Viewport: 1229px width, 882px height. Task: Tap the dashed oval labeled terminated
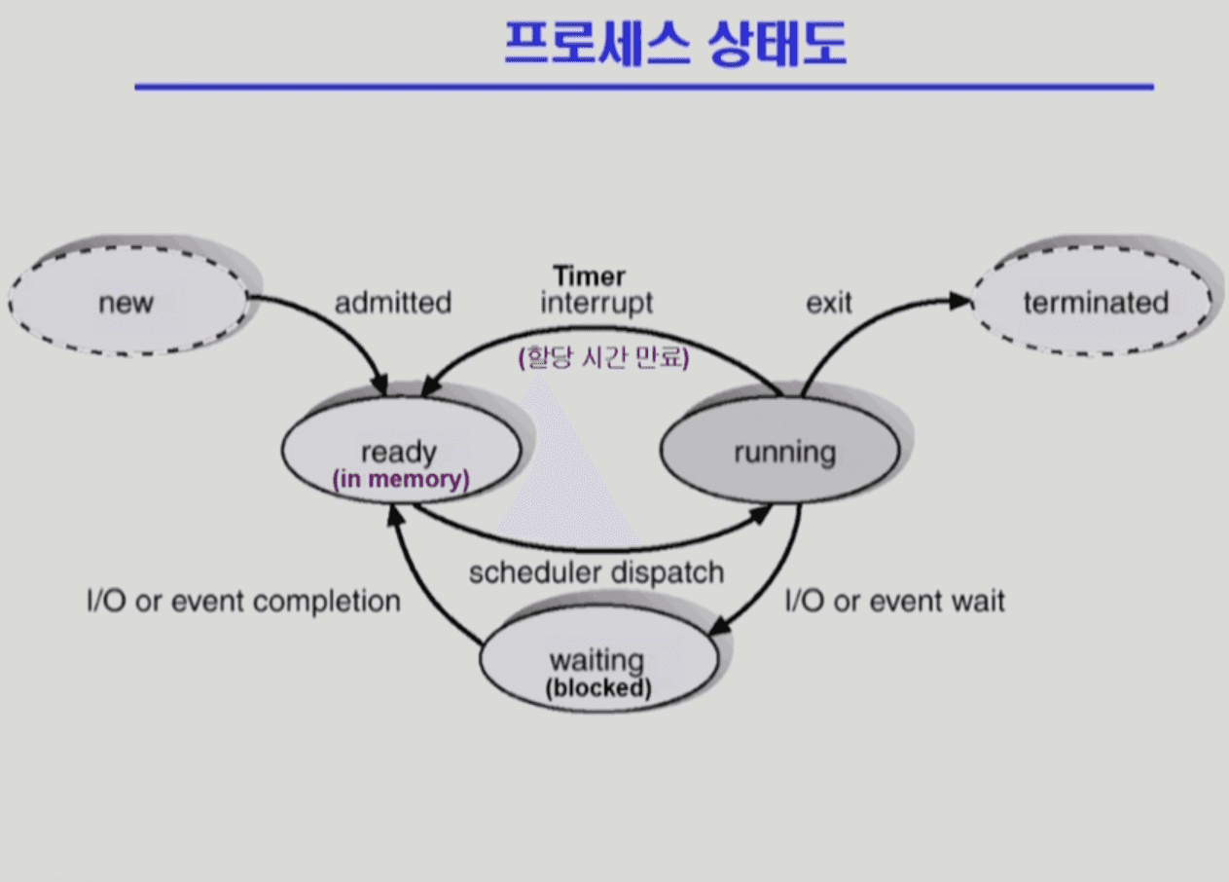1095,302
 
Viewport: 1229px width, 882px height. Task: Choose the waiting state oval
597,662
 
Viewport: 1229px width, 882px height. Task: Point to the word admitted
393,303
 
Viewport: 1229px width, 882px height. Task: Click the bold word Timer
590,276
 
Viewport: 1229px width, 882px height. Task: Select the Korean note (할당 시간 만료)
603,358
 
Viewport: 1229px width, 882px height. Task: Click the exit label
829,303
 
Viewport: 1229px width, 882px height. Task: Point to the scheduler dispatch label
596,571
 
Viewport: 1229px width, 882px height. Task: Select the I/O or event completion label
243,601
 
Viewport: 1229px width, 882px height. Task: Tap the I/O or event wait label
894,601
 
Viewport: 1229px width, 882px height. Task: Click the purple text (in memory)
401,479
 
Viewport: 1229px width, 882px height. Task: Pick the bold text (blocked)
597,688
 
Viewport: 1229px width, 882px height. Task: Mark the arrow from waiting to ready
418,584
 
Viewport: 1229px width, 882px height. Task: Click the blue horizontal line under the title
642,88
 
